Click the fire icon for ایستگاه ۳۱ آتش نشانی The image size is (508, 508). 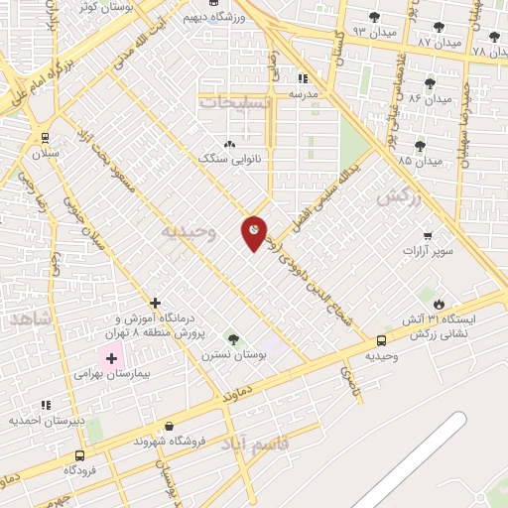tap(439, 305)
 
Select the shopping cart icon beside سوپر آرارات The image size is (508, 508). tap(428, 236)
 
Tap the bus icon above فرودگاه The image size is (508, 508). tap(79, 455)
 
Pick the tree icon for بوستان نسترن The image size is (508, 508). tap(232, 338)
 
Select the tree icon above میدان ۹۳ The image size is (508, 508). tap(374, 17)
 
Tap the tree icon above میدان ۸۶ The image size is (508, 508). tap(429, 83)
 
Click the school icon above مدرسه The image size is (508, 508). tap(304, 77)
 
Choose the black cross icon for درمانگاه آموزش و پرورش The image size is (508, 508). tap(155, 303)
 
